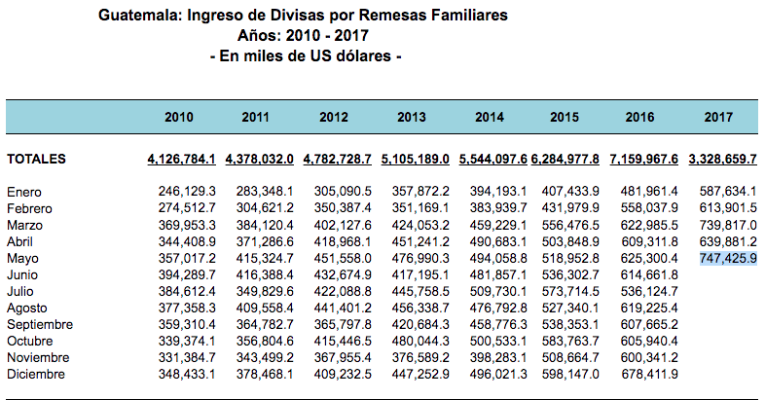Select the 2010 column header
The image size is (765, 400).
pos(179,117)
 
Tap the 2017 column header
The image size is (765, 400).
pos(718,117)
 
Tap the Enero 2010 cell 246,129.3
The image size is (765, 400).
pos(188,192)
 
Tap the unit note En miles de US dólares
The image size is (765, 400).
pos(306,55)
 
